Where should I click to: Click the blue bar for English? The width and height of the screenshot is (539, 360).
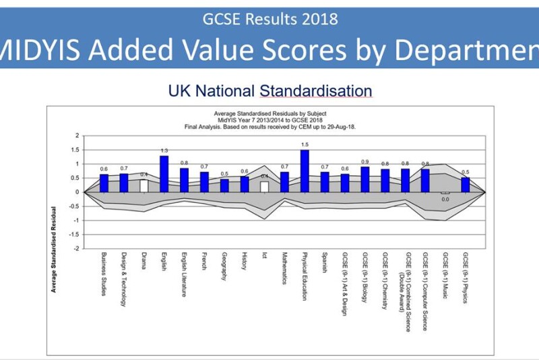click(x=164, y=174)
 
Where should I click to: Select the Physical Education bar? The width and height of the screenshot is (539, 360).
click(x=305, y=171)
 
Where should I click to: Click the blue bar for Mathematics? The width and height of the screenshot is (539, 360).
click(x=284, y=182)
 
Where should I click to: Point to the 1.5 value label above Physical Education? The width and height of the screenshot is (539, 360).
click(x=305, y=144)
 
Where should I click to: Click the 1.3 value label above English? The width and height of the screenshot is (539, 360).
click(x=164, y=150)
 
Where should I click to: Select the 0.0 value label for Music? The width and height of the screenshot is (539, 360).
click(x=445, y=200)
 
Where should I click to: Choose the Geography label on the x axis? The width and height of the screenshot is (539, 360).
click(x=224, y=270)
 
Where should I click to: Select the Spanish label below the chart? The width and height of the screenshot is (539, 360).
click(x=325, y=267)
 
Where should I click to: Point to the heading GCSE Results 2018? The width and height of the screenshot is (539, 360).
click(x=269, y=18)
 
